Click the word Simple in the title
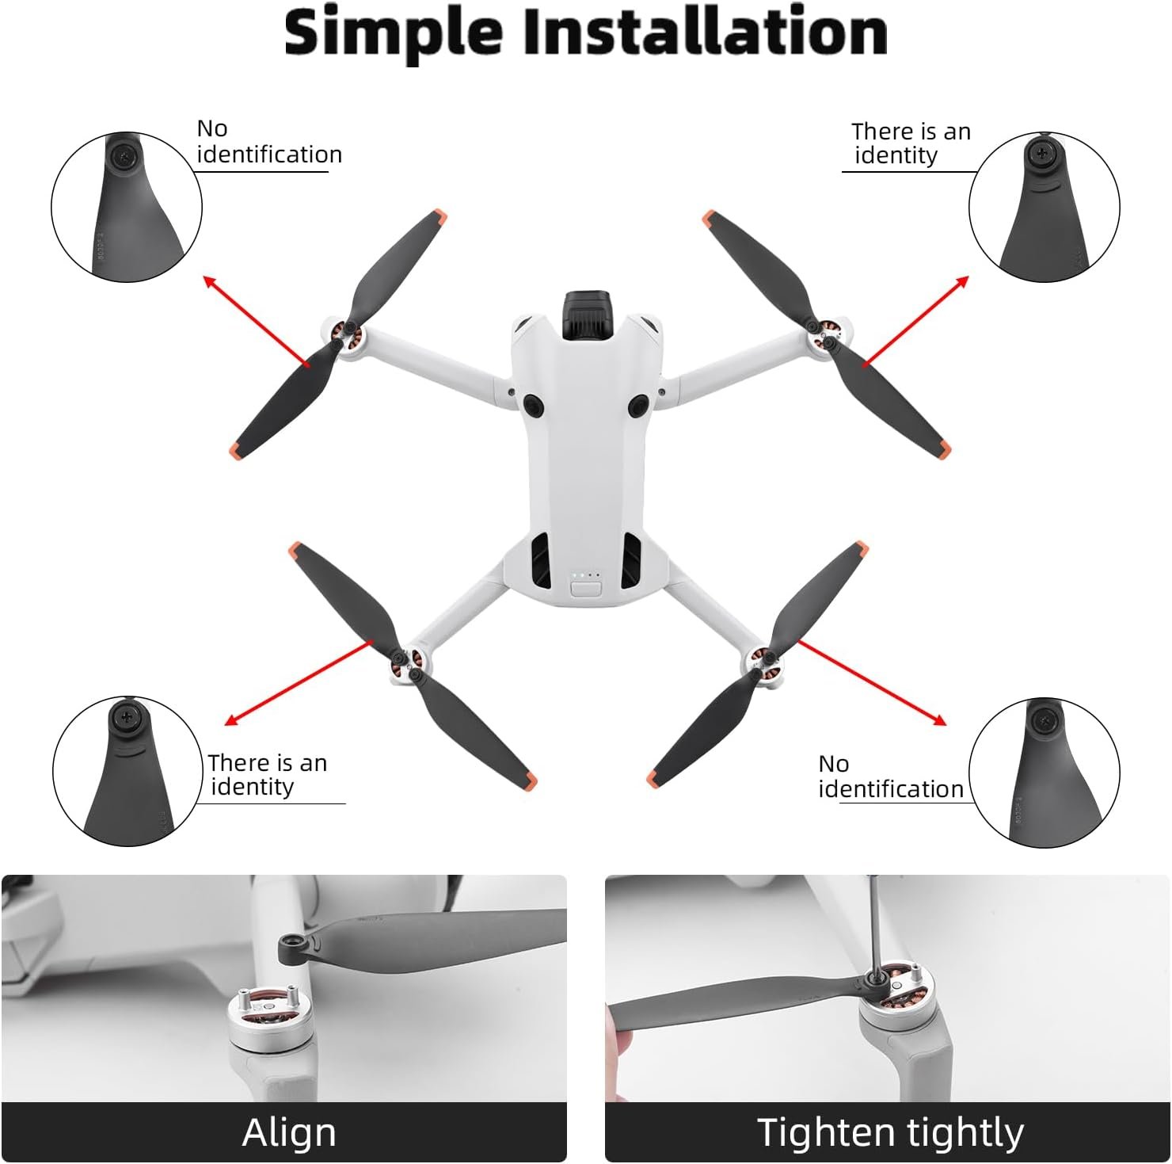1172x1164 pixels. click(x=394, y=33)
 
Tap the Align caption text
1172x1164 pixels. click(x=289, y=1132)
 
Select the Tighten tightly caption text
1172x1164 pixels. click(x=890, y=1132)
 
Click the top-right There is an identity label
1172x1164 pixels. click(x=910, y=143)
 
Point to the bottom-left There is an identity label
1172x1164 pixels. click(x=266, y=774)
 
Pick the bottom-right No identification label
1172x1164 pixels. click(x=890, y=776)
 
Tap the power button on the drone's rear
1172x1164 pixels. click(x=585, y=589)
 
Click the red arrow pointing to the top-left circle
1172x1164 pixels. click(x=255, y=320)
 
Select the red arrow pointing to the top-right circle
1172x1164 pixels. click(x=915, y=320)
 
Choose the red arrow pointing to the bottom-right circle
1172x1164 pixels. click(x=871, y=682)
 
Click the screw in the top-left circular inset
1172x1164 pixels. click(x=126, y=157)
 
